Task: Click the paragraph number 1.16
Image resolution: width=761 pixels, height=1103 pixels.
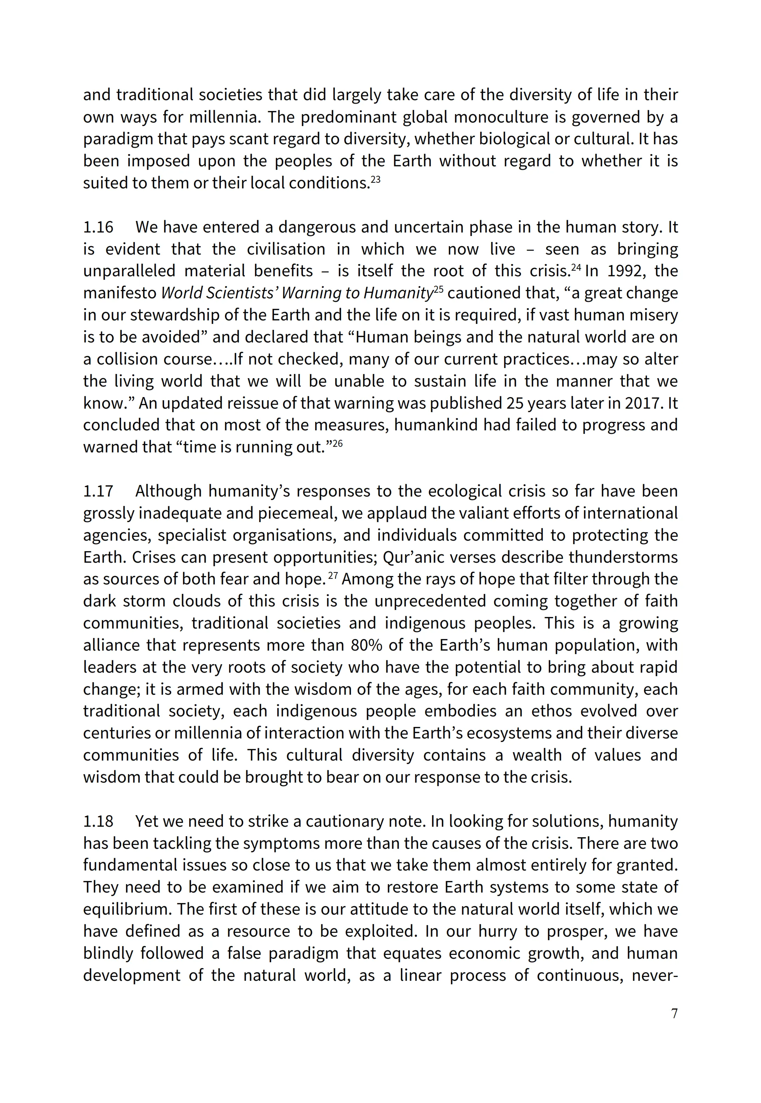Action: click(98, 227)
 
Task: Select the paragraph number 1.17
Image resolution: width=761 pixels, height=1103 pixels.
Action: click(98, 491)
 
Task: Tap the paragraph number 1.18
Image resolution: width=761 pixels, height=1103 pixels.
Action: click(98, 821)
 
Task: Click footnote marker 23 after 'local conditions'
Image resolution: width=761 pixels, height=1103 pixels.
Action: click(376, 180)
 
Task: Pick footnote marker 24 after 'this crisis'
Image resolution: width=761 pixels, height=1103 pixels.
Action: click(576, 268)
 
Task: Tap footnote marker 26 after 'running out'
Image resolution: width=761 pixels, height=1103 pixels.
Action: click(338, 444)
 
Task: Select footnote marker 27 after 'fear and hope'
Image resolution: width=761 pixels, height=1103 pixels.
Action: click(333, 576)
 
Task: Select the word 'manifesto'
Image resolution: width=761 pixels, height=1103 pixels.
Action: click(120, 293)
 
